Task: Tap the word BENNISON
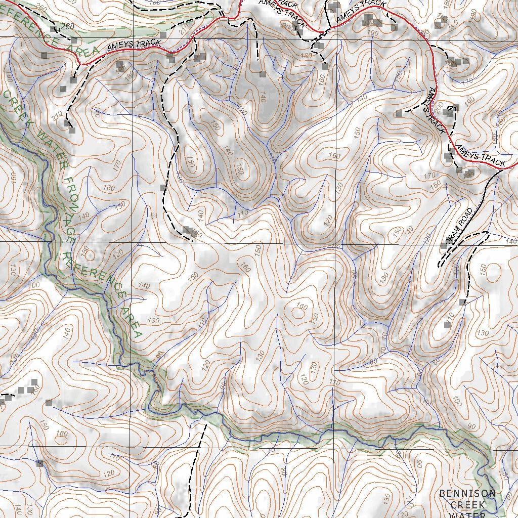pos(467,493)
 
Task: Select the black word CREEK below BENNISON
pos(467,505)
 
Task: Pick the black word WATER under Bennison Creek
pos(467,515)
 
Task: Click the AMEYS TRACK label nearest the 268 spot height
pos(134,45)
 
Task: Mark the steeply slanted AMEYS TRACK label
pos(435,111)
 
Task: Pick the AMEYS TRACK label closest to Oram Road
pos(480,156)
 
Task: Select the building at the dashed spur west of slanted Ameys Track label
pos(399,113)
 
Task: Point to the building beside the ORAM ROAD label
pos(444,246)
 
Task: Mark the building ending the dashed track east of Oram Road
pos(462,302)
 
